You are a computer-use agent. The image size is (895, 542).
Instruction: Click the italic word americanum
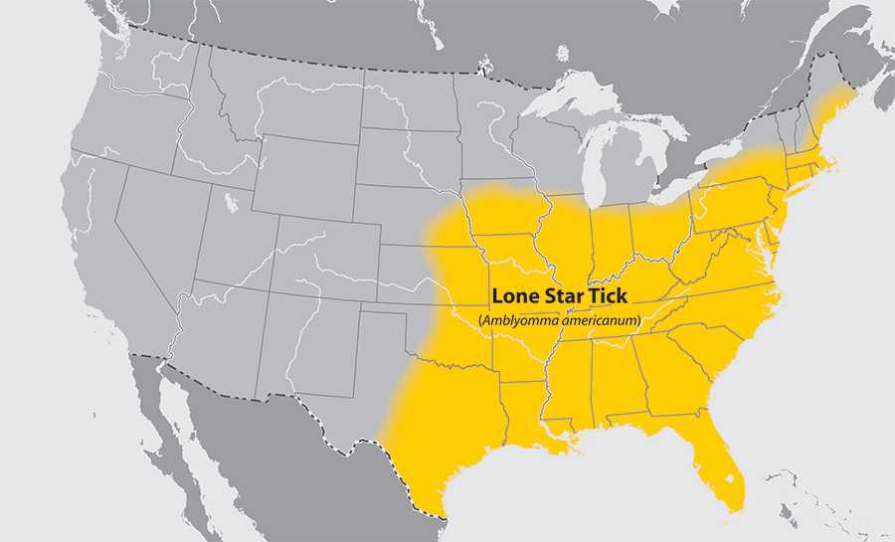[596, 320]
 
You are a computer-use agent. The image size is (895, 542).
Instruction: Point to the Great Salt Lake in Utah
[232, 203]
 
